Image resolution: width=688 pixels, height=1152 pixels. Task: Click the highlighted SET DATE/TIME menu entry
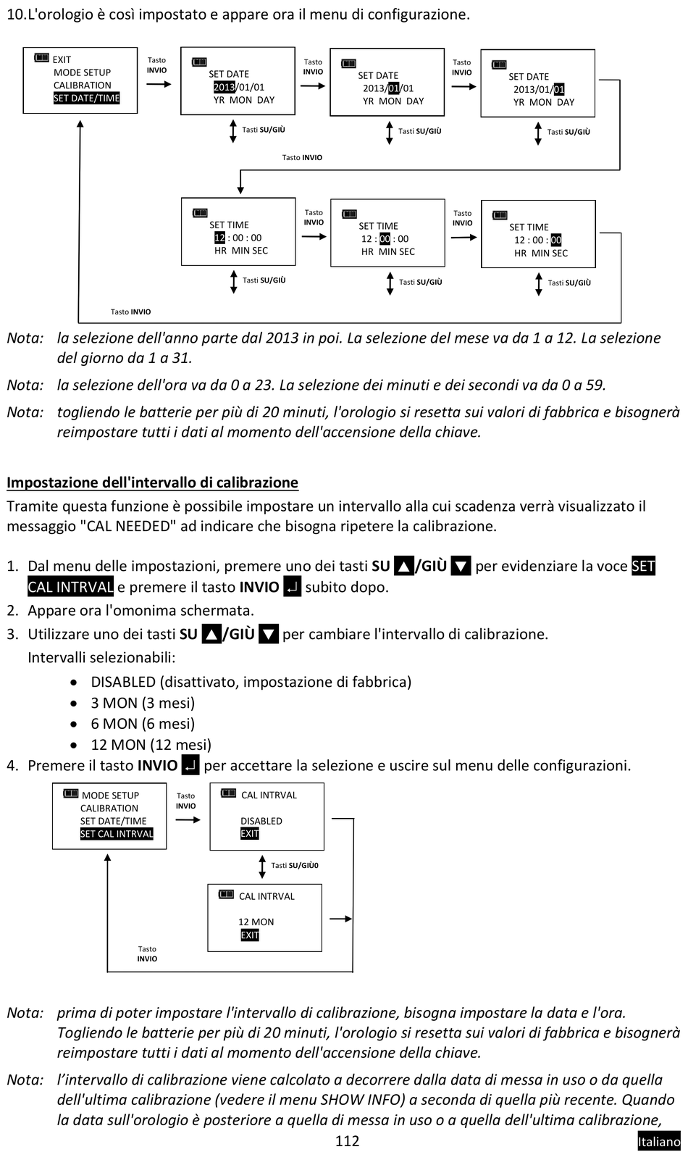click(x=86, y=99)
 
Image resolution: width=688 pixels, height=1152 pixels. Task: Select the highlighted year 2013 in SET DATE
click(x=224, y=87)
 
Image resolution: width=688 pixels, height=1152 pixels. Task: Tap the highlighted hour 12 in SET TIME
click(x=219, y=238)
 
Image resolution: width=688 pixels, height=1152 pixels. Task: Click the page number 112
click(x=347, y=1141)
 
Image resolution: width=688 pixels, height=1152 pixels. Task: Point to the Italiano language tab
click(x=658, y=1142)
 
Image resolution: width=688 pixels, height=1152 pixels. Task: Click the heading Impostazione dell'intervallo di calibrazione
click(x=152, y=483)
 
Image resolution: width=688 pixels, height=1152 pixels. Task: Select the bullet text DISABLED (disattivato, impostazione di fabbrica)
click(x=251, y=682)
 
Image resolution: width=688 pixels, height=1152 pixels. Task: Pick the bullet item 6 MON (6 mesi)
click(x=142, y=724)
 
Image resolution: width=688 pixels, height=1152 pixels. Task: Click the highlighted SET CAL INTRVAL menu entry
click(x=117, y=834)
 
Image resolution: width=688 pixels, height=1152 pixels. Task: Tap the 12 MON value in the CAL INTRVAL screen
click(x=256, y=922)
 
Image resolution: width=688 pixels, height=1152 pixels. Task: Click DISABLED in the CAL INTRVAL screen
click(x=261, y=821)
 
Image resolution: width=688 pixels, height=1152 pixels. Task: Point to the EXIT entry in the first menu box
click(x=62, y=59)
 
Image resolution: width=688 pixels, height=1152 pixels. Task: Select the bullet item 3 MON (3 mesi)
click(x=142, y=703)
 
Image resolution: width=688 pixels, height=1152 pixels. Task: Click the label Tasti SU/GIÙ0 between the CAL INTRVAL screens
click(x=295, y=865)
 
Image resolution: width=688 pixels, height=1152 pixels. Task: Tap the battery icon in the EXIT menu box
click(x=41, y=58)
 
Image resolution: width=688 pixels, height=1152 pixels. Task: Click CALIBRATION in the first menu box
click(x=82, y=85)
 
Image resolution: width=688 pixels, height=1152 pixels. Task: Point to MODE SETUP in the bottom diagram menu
click(x=110, y=795)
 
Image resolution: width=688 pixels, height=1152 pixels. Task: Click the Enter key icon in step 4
click(x=190, y=765)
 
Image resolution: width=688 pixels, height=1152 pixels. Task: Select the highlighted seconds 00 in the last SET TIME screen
click(x=556, y=240)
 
